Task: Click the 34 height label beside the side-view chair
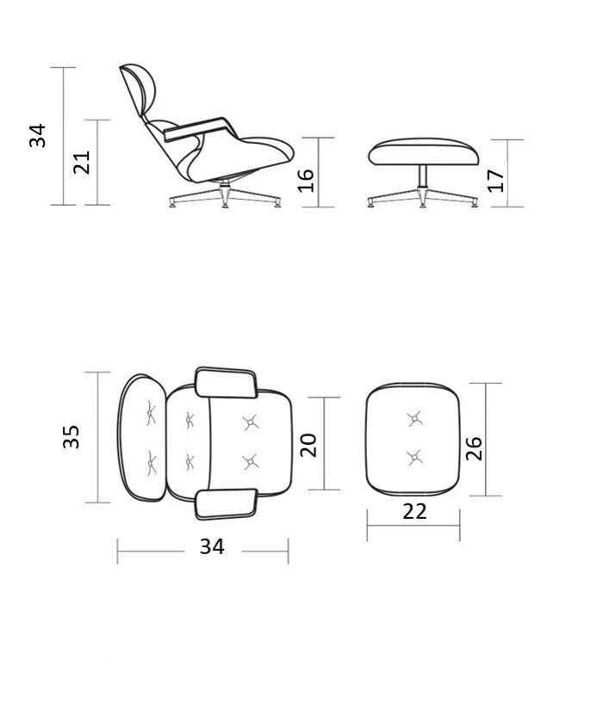point(38,135)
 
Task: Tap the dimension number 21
point(82,163)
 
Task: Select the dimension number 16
point(306,181)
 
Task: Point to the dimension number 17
point(496,181)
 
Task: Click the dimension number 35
point(71,436)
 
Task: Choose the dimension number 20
point(308,445)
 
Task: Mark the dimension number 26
point(474,448)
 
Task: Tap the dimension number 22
point(414,512)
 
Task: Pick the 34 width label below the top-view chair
point(212,546)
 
